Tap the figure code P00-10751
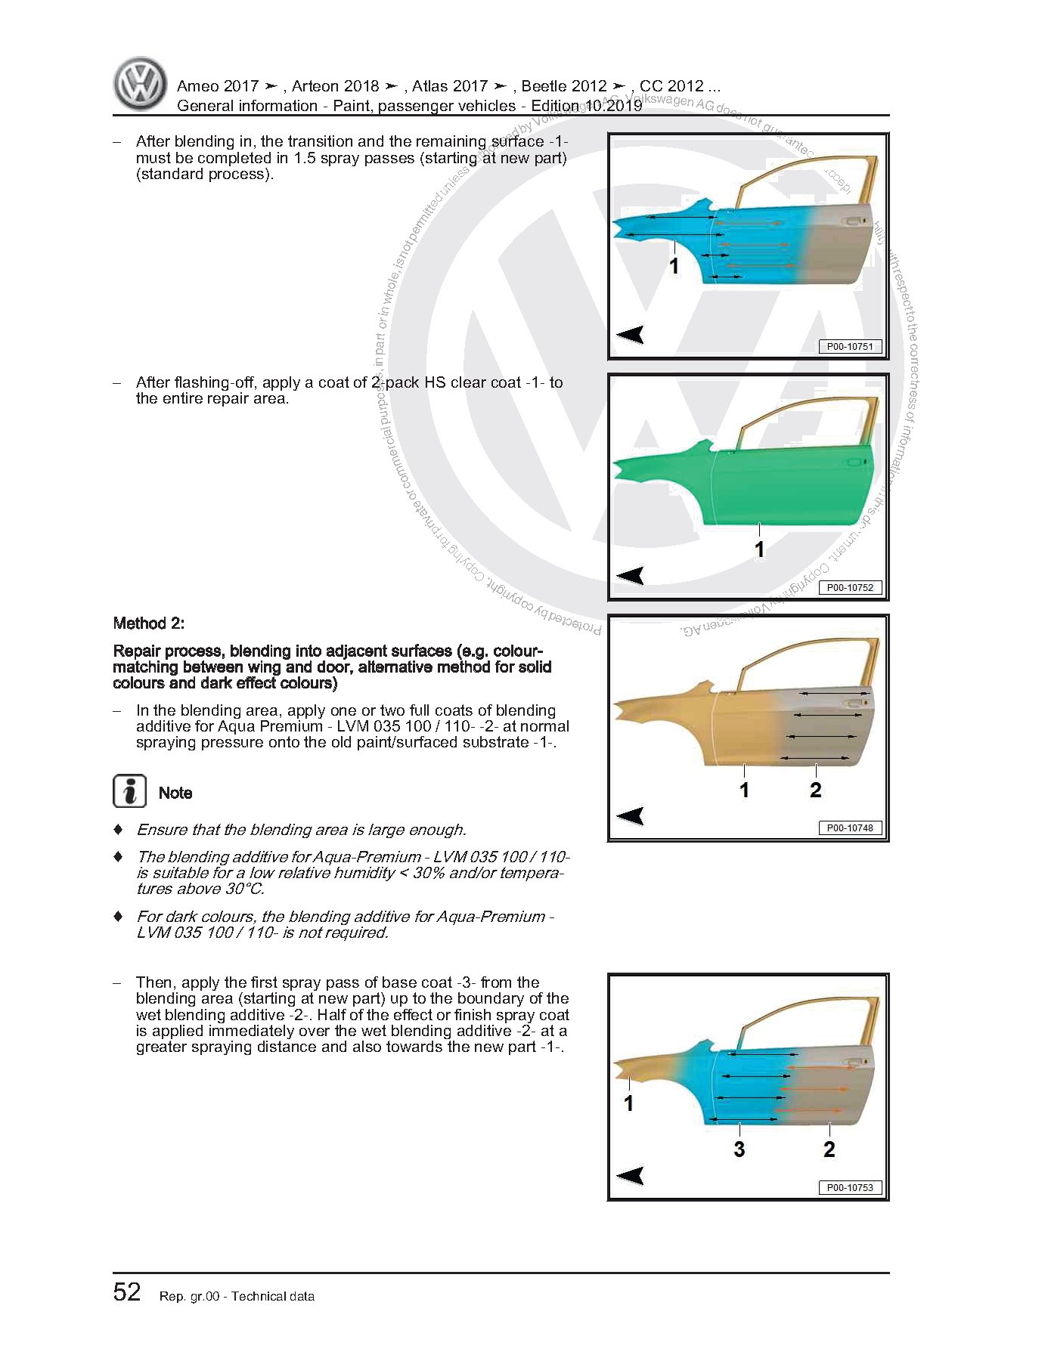coord(849,347)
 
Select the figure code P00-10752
coord(849,587)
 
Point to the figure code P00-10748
coord(849,828)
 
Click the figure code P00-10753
coord(849,1187)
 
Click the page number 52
coord(127,1292)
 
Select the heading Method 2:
coord(149,623)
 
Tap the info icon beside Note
coord(129,791)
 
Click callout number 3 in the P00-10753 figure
coord(739,1149)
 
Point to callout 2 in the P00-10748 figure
coord(815,790)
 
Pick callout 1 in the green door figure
coord(759,549)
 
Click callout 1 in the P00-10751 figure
coord(674,266)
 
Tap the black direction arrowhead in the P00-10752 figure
coord(630,576)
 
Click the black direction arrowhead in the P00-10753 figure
coord(630,1175)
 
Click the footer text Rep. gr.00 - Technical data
coord(237,1297)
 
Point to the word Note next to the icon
coord(175,793)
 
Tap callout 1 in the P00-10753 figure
coord(628,1103)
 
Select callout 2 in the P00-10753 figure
coord(829,1149)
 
